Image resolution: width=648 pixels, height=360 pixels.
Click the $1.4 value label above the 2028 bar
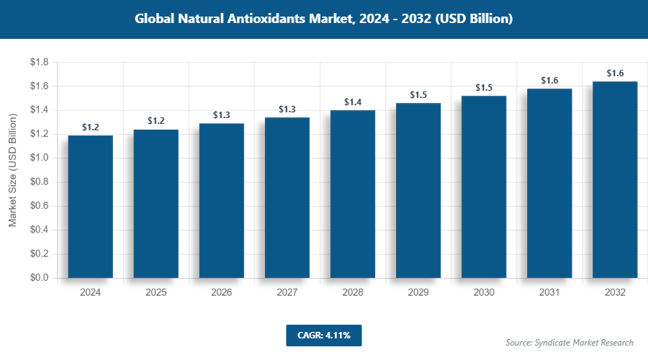(x=353, y=102)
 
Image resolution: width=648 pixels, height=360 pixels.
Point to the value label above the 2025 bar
(x=156, y=121)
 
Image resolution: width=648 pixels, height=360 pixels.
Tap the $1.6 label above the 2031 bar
(x=549, y=81)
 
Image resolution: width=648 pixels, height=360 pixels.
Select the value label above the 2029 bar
(x=418, y=95)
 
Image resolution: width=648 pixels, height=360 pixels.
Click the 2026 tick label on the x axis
(x=222, y=293)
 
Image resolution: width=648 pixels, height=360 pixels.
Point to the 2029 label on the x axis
(x=418, y=293)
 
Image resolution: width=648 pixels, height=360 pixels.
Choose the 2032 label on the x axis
(x=615, y=293)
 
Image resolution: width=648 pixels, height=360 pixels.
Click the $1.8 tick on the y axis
(x=39, y=63)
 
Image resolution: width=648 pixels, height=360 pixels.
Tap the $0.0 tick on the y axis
(x=39, y=278)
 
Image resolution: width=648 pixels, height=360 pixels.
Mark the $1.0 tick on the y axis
(x=39, y=158)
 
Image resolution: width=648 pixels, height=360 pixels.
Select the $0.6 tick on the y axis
(x=39, y=206)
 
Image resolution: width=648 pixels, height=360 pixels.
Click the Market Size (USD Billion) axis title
(x=13, y=170)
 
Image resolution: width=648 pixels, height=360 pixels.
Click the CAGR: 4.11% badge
(x=323, y=335)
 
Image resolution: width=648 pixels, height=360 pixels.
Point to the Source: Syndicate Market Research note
(x=570, y=343)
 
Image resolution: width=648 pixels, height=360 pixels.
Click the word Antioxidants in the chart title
(x=276, y=19)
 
